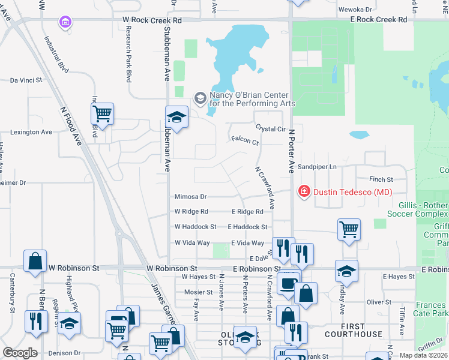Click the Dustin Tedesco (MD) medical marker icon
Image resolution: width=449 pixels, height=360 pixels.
coord(304,191)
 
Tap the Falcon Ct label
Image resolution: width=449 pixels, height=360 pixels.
coord(245,142)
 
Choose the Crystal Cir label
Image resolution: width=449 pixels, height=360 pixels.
coord(270,129)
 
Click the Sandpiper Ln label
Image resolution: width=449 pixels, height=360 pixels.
coord(318,166)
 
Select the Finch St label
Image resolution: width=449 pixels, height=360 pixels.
coord(381,179)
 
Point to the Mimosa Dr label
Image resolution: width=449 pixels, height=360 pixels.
coord(190,196)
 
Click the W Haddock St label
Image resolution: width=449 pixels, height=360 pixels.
coord(195,227)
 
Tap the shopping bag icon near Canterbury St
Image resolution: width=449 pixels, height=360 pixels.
coord(35,260)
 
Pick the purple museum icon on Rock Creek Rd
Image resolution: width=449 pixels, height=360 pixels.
coord(65,22)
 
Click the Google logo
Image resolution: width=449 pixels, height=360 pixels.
coord(20,353)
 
